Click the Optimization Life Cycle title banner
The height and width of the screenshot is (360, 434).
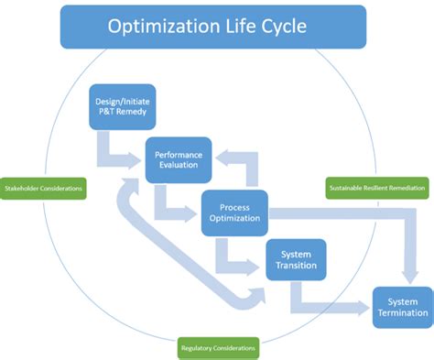tap(212, 27)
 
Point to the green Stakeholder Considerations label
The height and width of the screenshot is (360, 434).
tap(44, 190)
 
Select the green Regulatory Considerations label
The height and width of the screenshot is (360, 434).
tap(217, 348)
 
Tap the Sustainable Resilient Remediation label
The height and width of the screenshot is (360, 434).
tap(376, 190)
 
